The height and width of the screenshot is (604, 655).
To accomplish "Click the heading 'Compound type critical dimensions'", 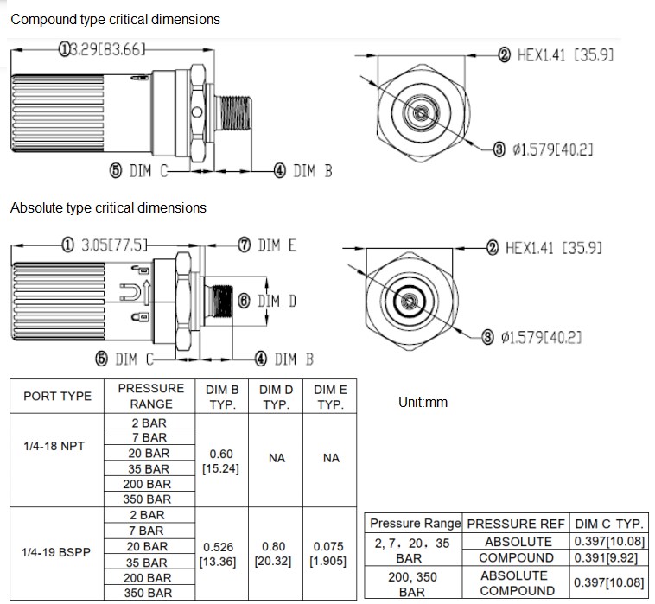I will pyautogui.click(x=115, y=19).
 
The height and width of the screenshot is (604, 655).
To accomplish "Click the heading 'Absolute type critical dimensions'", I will pyautogui.click(x=108, y=207).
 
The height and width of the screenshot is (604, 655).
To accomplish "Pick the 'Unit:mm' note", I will pyautogui.click(x=423, y=403).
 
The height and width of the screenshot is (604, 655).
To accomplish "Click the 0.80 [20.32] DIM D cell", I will pyautogui.click(x=277, y=554).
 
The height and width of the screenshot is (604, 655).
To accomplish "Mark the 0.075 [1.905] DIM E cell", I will pyautogui.click(x=331, y=554).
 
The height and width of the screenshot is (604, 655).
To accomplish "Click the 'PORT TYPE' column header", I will pyautogui.click(x=57, y=397).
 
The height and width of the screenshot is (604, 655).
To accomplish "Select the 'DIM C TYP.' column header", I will pyautogui.click(x=610, y=524).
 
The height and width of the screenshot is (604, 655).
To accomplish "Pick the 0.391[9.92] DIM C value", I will pyautogui.click(x=610, y=557).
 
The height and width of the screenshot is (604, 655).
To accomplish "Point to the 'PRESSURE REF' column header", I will pyautogui.click(x=517, y=524).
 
